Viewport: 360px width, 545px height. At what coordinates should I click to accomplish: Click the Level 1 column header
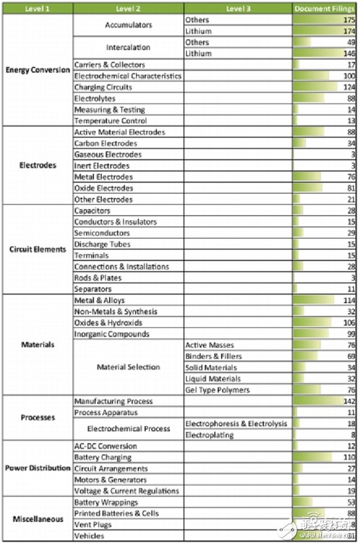coord(38,8)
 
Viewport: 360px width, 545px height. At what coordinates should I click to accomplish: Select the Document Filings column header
coord(325,8)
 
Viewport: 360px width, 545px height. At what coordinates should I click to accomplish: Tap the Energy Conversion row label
coord(38,70)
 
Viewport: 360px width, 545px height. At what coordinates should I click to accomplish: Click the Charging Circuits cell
coord(103,87)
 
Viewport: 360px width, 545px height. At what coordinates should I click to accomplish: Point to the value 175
coord(349,20)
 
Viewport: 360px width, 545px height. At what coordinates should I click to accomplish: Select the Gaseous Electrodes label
coord(108,155)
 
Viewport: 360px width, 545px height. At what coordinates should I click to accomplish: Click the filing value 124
coord(349,87)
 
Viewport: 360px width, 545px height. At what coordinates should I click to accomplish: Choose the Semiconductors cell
coord(102,233)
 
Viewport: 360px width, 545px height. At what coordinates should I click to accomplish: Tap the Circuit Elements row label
coord(38,249)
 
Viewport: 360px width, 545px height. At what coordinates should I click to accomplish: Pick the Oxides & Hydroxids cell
coord(109,323)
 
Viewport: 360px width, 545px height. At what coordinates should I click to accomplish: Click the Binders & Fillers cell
coord(214,356)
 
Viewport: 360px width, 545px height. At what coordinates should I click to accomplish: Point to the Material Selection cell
coord(128,367)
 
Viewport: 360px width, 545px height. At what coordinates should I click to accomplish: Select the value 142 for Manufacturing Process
coord(349,401)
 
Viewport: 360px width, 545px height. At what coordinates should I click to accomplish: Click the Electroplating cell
coord(207,434)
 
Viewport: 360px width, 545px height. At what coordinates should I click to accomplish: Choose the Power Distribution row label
coord(38,468)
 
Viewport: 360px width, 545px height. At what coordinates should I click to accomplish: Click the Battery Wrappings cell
coord(106,502)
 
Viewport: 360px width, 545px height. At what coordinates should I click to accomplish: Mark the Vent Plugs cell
coord(93,525)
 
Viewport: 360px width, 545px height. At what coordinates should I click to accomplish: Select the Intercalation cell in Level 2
coord(128,48)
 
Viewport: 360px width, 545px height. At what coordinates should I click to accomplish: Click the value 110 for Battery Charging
coord(349,457)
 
